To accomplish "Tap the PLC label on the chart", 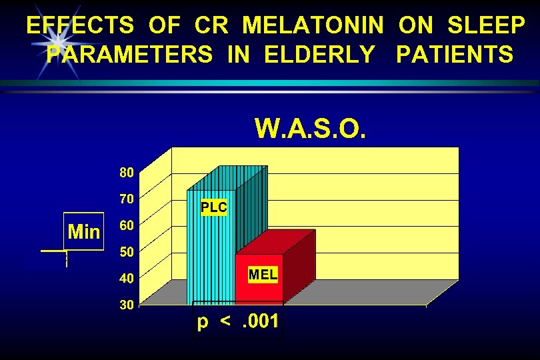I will [214, 207].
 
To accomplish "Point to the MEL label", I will [263, 274].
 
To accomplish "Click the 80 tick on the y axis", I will [127, 172].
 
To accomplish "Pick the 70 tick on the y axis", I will [127, 199].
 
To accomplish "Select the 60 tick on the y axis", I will [127, 225].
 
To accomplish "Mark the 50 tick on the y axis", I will [127, 251].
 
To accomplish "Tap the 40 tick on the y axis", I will [127, 278].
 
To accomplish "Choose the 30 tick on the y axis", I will [127, 305].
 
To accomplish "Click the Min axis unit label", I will [84, 232].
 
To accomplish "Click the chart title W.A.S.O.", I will [310, 127].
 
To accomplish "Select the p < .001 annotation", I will [238, 322].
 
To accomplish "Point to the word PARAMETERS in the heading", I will [129, 54].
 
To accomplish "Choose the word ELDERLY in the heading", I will [319, 54].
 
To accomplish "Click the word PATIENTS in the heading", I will [455, 54].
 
